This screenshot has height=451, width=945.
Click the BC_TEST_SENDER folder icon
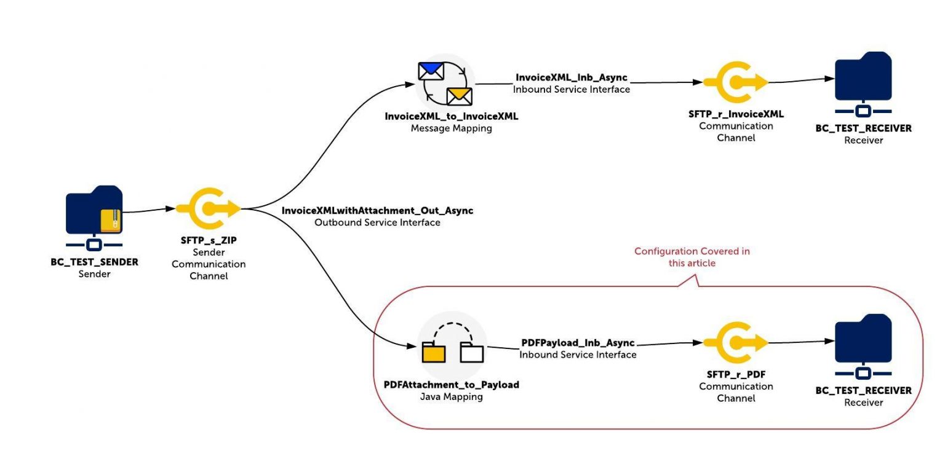point(92,209)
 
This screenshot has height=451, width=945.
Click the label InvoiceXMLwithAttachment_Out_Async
point(377,211)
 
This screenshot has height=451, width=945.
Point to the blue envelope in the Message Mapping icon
point(431,71)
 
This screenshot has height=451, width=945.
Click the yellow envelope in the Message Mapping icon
point(459,96)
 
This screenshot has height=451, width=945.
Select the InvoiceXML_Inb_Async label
point(572,78)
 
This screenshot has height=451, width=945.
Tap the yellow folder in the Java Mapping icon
point(434,352)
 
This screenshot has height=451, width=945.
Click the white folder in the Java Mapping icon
point(472,353)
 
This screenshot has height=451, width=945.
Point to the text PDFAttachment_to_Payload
point(451,385)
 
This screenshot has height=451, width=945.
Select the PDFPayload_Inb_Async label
point(578,343)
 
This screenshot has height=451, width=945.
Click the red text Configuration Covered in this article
point(692,257)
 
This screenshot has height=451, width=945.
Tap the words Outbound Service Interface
point(377,222)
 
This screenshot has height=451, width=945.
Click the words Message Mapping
point(451,128)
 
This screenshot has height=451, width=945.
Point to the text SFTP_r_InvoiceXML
point(736,114)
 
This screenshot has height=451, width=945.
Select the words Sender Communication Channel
point(208,264)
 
